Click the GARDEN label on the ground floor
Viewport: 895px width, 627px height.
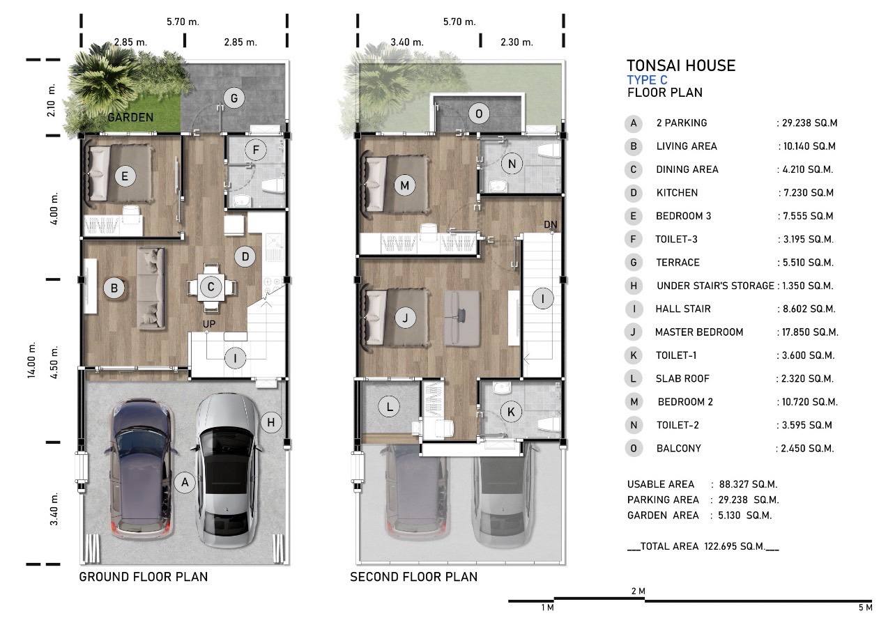coord(130,118)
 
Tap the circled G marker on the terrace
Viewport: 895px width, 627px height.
coord(234,98)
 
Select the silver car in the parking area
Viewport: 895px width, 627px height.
coord(227,470)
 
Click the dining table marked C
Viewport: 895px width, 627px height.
coord(211,287)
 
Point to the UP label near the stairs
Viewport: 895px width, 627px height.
coord(209,324)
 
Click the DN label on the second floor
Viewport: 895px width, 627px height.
coord(550,224)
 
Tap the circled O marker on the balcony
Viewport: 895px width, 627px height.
coord(479,114)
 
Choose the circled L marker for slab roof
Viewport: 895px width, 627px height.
coord(389,407)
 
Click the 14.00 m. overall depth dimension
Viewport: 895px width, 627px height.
coord(31,359)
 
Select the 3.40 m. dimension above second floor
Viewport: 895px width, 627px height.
coord(407,42)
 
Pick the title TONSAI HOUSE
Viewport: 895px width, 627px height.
coord(681,65)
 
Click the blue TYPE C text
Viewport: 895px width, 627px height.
coord(647,80)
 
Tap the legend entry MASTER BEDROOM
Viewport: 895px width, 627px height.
coord(699,332)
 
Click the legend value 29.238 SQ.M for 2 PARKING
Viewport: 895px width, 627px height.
coord(809,123)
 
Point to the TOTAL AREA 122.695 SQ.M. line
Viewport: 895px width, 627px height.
coord(703,546)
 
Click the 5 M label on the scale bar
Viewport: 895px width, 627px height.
coord(866,607)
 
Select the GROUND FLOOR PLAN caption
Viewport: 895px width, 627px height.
coord(144,577)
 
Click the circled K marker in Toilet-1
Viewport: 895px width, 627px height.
coord(511,412)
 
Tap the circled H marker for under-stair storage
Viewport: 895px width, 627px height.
coord(271,422)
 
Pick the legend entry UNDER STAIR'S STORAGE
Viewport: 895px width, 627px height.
coord(716,286)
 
